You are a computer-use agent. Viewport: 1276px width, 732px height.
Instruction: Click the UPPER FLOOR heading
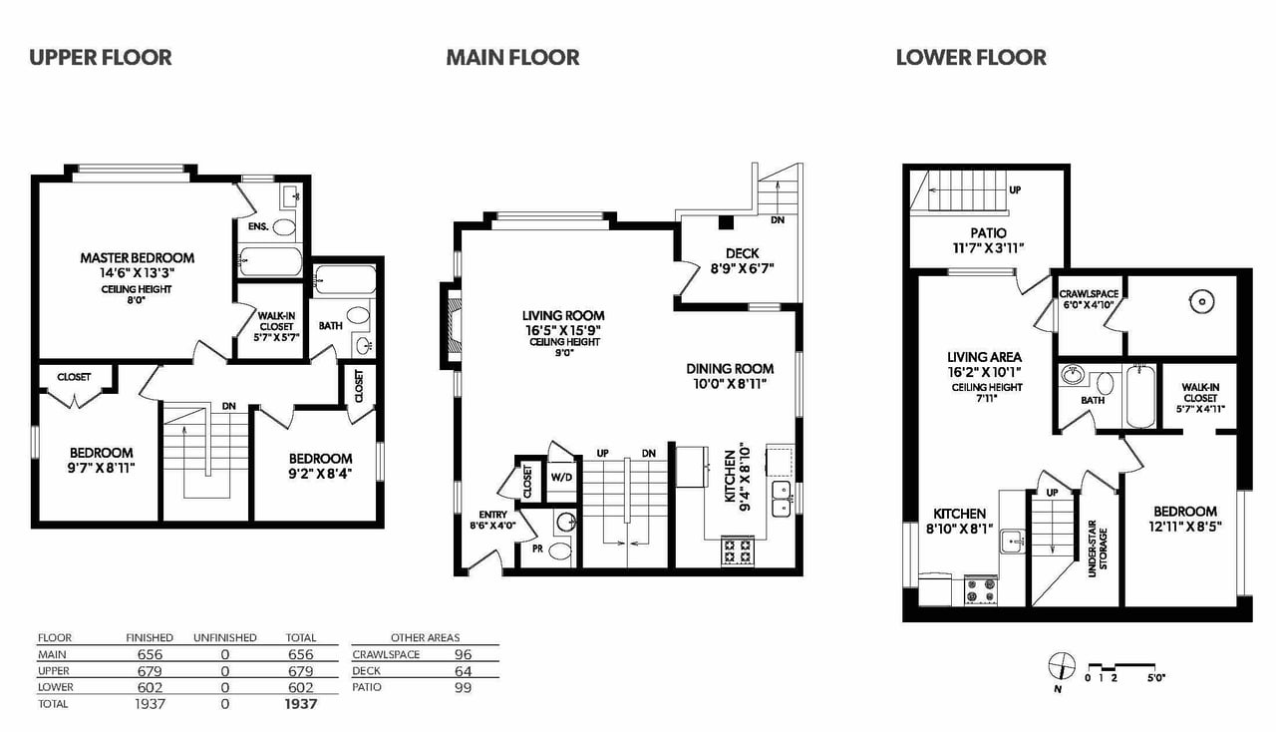(101, 58)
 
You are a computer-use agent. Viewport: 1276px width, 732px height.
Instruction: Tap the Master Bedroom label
(137, 258)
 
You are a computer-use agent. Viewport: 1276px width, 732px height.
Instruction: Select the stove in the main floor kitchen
(738, 550)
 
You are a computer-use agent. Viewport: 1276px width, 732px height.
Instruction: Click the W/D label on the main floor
(561, 477)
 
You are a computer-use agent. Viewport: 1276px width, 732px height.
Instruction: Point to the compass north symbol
(1062, 668)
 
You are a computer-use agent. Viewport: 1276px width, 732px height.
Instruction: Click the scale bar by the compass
(1122, 668)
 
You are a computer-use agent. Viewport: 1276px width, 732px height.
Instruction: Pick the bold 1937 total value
(301, 704)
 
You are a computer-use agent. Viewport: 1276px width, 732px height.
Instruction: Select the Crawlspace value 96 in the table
(464, 654)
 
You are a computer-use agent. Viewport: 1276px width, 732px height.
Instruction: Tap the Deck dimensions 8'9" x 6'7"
(743, 268)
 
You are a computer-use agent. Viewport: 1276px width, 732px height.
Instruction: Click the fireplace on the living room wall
(451, 326)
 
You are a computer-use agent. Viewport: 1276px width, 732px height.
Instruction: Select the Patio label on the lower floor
(988, 233)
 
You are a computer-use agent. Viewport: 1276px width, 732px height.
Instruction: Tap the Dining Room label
(730, 369)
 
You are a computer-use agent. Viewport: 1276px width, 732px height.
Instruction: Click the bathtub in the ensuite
(270, 261)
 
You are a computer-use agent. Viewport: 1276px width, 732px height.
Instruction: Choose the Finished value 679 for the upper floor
(150, 671)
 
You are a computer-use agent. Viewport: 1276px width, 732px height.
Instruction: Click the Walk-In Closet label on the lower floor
(1200, 393)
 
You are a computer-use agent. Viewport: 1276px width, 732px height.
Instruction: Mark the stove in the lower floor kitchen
(981, 590)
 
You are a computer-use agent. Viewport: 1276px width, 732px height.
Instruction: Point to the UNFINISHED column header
(225, 638)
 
